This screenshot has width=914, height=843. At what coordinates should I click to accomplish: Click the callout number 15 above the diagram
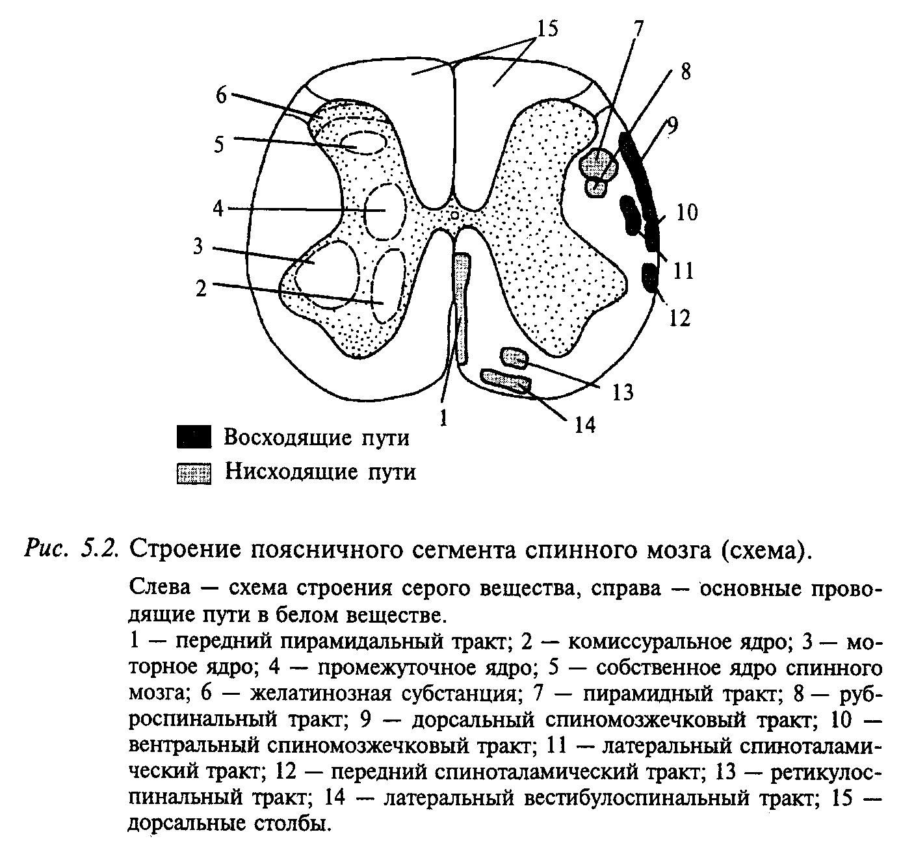547,29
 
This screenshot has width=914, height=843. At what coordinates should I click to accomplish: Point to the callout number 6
222,96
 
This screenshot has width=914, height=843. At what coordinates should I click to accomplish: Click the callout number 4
218,209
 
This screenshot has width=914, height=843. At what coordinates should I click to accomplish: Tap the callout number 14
586,424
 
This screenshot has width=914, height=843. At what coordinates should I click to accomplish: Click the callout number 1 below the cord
443,418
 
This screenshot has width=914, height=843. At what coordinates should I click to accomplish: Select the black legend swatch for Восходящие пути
194,436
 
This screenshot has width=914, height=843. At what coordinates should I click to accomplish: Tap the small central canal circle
454,215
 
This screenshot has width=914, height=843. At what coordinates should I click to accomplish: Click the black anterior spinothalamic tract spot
650,278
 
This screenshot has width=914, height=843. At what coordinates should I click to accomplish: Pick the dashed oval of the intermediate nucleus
385,212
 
